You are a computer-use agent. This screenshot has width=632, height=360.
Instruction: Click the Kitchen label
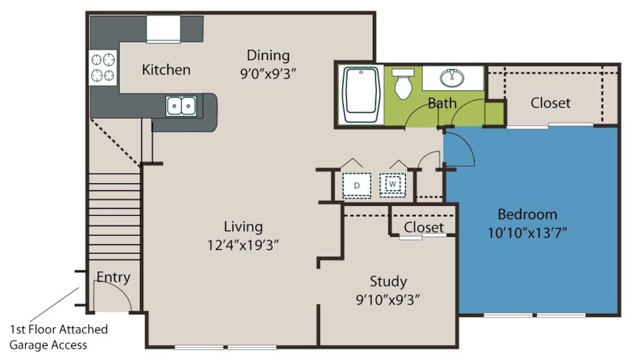[166, 69]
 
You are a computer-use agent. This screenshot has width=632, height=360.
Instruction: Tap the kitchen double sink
[181, 106]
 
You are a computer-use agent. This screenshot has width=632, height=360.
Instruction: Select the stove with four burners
[103, 67]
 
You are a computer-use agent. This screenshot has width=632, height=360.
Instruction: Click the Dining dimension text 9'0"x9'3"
[269, 73]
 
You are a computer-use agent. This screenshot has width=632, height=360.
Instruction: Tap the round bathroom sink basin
[452, 78]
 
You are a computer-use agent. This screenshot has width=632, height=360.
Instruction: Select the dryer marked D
[357, 185]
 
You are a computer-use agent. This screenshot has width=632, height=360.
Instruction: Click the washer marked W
[393, 185]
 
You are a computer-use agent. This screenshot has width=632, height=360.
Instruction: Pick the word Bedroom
[527, 214]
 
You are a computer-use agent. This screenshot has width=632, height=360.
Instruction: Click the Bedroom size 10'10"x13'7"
[527, 232]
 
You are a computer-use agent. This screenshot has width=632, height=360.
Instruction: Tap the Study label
[388, 282]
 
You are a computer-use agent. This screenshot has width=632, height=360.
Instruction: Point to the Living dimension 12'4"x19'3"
[243, 245]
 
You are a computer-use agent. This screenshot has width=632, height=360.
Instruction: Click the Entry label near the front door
[113, 277]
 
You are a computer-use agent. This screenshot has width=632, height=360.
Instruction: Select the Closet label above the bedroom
[550, 103]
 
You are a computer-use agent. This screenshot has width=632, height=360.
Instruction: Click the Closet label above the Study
[424, 227]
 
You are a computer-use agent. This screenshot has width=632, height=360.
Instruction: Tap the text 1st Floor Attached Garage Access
[58, 337]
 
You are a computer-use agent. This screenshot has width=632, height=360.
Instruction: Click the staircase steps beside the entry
[114, 216]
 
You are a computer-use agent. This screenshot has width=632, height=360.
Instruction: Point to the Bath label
[442, 103]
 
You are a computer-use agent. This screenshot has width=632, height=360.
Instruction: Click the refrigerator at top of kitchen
[163, 29]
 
